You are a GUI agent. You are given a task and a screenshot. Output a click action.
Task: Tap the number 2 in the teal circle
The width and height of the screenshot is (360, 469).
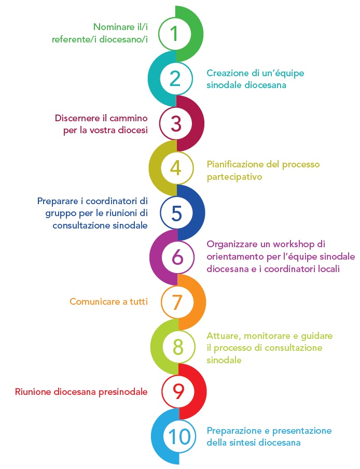[175, 78]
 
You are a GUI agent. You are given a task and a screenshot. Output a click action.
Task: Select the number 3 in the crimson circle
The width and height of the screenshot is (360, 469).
[176, 123]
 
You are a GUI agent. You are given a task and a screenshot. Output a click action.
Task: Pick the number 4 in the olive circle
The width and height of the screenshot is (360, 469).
[176, 168]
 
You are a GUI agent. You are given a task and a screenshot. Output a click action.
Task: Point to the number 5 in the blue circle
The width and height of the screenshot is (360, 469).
[177, 212]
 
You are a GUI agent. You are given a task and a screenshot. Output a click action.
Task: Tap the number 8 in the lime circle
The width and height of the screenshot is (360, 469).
[178, 347]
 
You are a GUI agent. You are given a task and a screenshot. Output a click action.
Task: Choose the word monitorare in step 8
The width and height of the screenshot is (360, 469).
[264, 336]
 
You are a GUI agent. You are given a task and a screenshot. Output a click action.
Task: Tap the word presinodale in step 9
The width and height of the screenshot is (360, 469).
[120, 392]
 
